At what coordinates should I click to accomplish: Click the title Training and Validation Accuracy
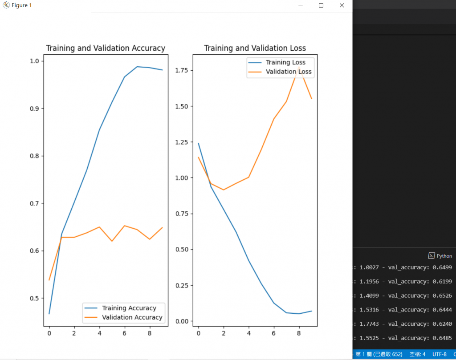[x=106, y=48]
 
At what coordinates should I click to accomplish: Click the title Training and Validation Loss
[x=255, y=48]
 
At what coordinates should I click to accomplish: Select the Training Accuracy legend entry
[x=129, y=308]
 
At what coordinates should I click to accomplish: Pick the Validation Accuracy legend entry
[x=132, y=317]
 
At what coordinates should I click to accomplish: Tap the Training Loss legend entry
[x=285, y=62]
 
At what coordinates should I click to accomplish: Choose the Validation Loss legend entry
[x=289, y=72]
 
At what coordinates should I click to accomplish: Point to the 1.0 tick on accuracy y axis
[x=34, y=61]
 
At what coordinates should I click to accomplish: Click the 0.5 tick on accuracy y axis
[x=34, y=298]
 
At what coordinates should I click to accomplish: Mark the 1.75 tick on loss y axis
[x=181, y=70]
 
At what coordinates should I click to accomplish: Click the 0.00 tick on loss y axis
[x=181, y=321]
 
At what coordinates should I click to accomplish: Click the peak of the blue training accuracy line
[x=137, y=67]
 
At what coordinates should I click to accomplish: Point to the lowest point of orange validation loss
[x=224, y=190]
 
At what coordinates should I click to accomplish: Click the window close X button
[x=342, y=5]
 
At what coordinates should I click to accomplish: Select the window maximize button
[x=321, y=5]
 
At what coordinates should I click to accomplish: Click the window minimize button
[x=301, y=5]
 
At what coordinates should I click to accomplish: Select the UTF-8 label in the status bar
[x=439, y=354]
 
